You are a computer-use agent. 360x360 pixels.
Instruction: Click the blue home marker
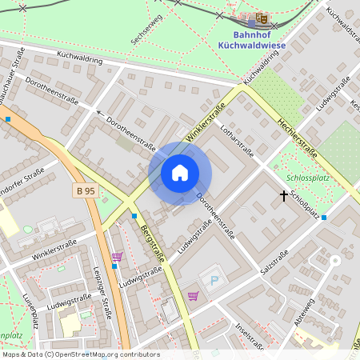click(x=180, y=173)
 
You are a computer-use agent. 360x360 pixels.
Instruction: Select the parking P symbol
click(x=213, y=280)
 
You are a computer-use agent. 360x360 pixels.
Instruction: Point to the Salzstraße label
click(x=274, y=263)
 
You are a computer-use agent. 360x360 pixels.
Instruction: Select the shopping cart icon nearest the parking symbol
click(x=192, y=296)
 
